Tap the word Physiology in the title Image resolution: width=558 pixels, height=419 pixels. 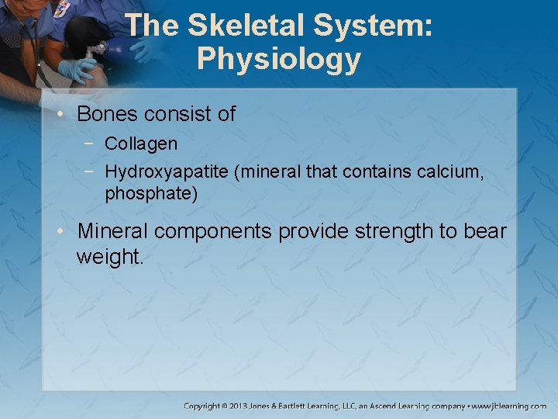[x=278, y=59]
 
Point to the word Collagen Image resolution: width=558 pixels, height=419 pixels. [x=141, y=144]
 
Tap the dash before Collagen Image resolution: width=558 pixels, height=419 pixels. [x=92, y=144]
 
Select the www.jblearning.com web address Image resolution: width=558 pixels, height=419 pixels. [x=509, y=406]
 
